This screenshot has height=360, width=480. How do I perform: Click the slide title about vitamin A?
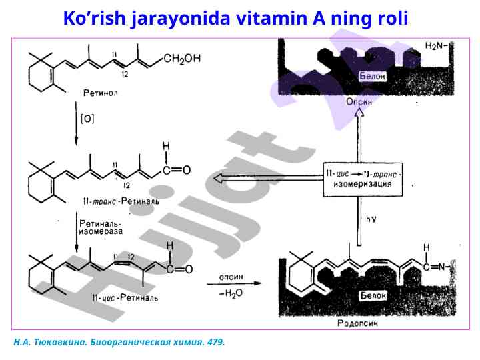coord(235,18)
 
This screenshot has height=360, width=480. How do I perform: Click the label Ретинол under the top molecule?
coord(101,93)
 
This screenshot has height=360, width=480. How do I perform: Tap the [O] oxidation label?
coord(87,119)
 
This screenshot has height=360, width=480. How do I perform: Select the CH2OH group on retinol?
coord(181,59)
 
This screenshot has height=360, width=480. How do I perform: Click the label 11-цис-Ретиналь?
coord(125,297)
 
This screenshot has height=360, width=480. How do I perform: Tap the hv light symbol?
coord(371,218)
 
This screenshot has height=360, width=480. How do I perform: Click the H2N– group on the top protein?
coord(437,46)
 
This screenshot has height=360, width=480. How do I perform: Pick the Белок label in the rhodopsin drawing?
coord(373,295)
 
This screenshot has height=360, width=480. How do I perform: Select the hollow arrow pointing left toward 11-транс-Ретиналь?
coord(267,178)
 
